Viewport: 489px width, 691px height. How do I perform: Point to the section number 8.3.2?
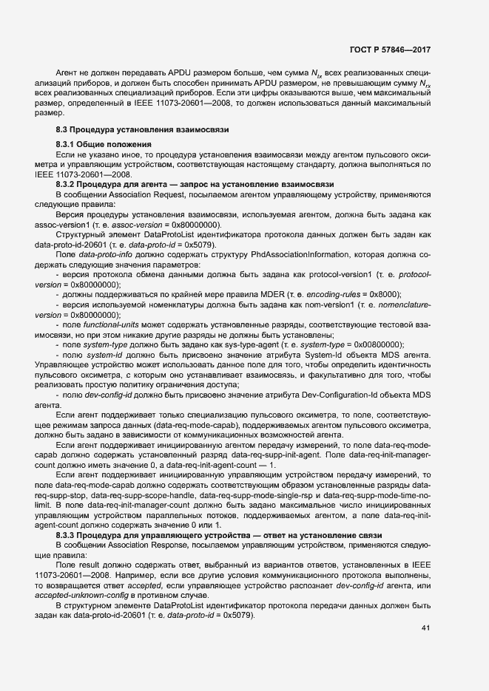[x=68, y=183]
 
